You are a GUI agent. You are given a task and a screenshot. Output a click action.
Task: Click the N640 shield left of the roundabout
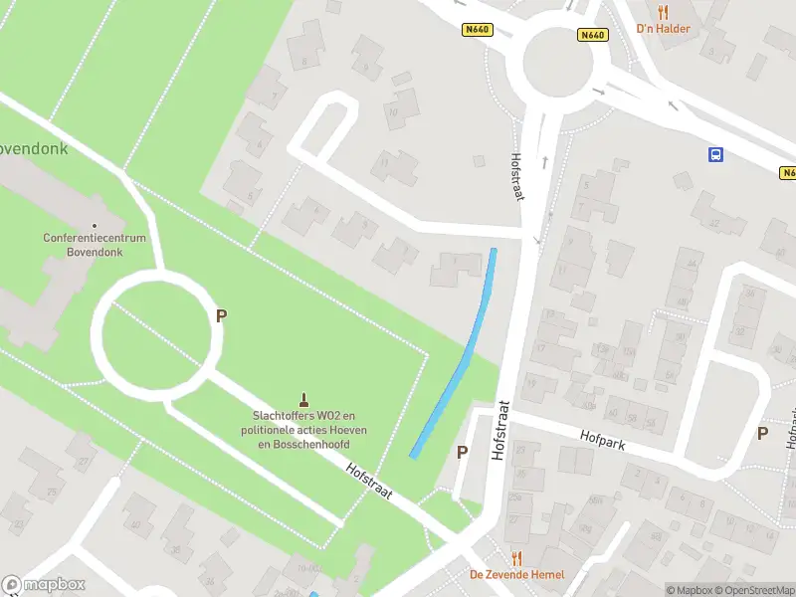(x=478, y=30)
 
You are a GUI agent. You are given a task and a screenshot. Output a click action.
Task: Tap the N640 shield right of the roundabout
(x=592, y=35)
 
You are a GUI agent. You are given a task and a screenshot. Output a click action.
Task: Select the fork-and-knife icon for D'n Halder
(x=663, y=13)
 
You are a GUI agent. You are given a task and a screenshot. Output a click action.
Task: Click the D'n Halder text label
(x=663, y=29)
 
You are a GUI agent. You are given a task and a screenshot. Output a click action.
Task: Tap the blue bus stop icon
(x=715, y=154)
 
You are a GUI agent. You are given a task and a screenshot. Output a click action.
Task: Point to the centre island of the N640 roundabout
(x=558, y=62)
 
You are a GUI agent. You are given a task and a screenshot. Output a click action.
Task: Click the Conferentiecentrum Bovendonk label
(x=95, y=245)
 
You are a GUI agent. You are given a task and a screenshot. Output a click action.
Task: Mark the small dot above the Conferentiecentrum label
(x=95, y=226)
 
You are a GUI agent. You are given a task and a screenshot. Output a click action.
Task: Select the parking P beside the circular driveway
(x=221, y=315)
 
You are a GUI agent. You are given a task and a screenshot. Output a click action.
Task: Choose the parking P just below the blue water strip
(x=462, y=453)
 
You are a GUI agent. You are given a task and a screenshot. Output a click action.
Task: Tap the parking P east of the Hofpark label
(x=762, y=433)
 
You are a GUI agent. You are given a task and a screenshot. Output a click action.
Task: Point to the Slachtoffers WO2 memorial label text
(x=303, y=429)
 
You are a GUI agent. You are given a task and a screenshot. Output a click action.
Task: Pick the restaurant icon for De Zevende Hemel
(x=516, y=559)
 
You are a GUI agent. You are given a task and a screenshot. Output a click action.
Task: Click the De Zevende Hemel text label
(x=516, y=575)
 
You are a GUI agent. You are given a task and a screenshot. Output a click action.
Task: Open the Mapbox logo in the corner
(x=43, y=585)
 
